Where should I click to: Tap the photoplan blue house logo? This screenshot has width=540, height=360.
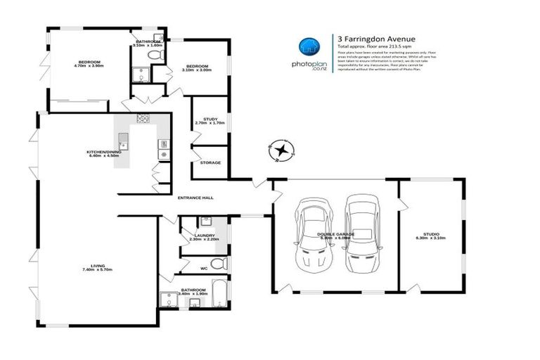[307, 46]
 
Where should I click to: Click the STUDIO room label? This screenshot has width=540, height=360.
[430, 233]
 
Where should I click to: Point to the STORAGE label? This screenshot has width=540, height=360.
[210, 162]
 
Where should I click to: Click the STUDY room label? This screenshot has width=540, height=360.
[210, 119]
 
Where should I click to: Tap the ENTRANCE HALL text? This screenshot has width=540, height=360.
[195, 198]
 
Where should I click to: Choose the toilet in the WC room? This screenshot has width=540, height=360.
[219, 264]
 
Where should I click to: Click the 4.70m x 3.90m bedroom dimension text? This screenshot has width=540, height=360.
[89, 65]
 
